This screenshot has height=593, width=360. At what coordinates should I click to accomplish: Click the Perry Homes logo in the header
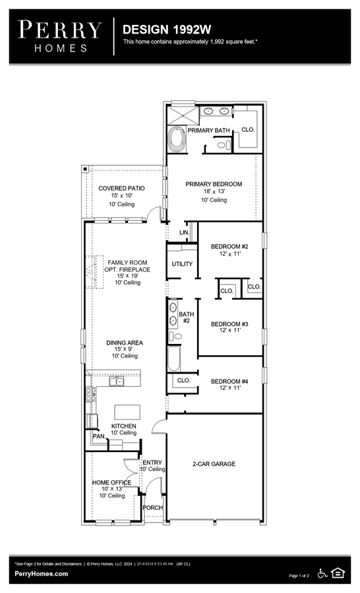(x=59, y=36)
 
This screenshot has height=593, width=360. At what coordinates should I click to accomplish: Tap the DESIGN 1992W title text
(x=167, y=30)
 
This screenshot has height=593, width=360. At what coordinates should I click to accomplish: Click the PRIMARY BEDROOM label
(x=214, y=184)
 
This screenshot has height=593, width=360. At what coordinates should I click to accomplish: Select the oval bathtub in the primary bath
(x=177, y=140)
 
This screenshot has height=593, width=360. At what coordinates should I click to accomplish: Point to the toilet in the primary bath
(x=224, y=145)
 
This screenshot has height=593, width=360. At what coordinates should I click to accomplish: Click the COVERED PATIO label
(x=121, y=188)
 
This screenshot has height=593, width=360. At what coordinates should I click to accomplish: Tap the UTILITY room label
(x=182, y=264)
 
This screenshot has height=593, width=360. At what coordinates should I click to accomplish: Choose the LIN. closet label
(x=185, y=232)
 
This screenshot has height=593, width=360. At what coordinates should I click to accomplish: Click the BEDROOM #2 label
(x=229, y=246)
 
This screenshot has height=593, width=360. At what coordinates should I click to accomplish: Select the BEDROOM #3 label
(x=229, y=324)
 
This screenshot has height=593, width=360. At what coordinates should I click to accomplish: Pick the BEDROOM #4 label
(x=229, y=381)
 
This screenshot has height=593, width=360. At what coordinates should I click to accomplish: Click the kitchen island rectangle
(x=127, y=412)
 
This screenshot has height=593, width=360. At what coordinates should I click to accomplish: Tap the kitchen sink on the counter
(x=117, y=381)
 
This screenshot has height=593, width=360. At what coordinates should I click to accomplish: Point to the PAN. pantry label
(x=99, y=436)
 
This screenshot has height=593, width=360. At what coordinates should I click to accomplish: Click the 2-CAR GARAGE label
(x=214, y=464)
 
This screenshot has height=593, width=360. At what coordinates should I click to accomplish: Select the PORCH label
(x=153, y=507)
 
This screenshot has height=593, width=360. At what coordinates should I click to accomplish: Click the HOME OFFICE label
(x=111, y=482)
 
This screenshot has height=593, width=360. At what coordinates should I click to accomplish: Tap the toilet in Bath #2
(x=175, y=336)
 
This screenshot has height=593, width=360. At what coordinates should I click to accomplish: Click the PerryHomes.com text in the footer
(x=42, y=574)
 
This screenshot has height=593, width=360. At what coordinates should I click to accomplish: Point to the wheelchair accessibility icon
(x=322, y=573)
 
